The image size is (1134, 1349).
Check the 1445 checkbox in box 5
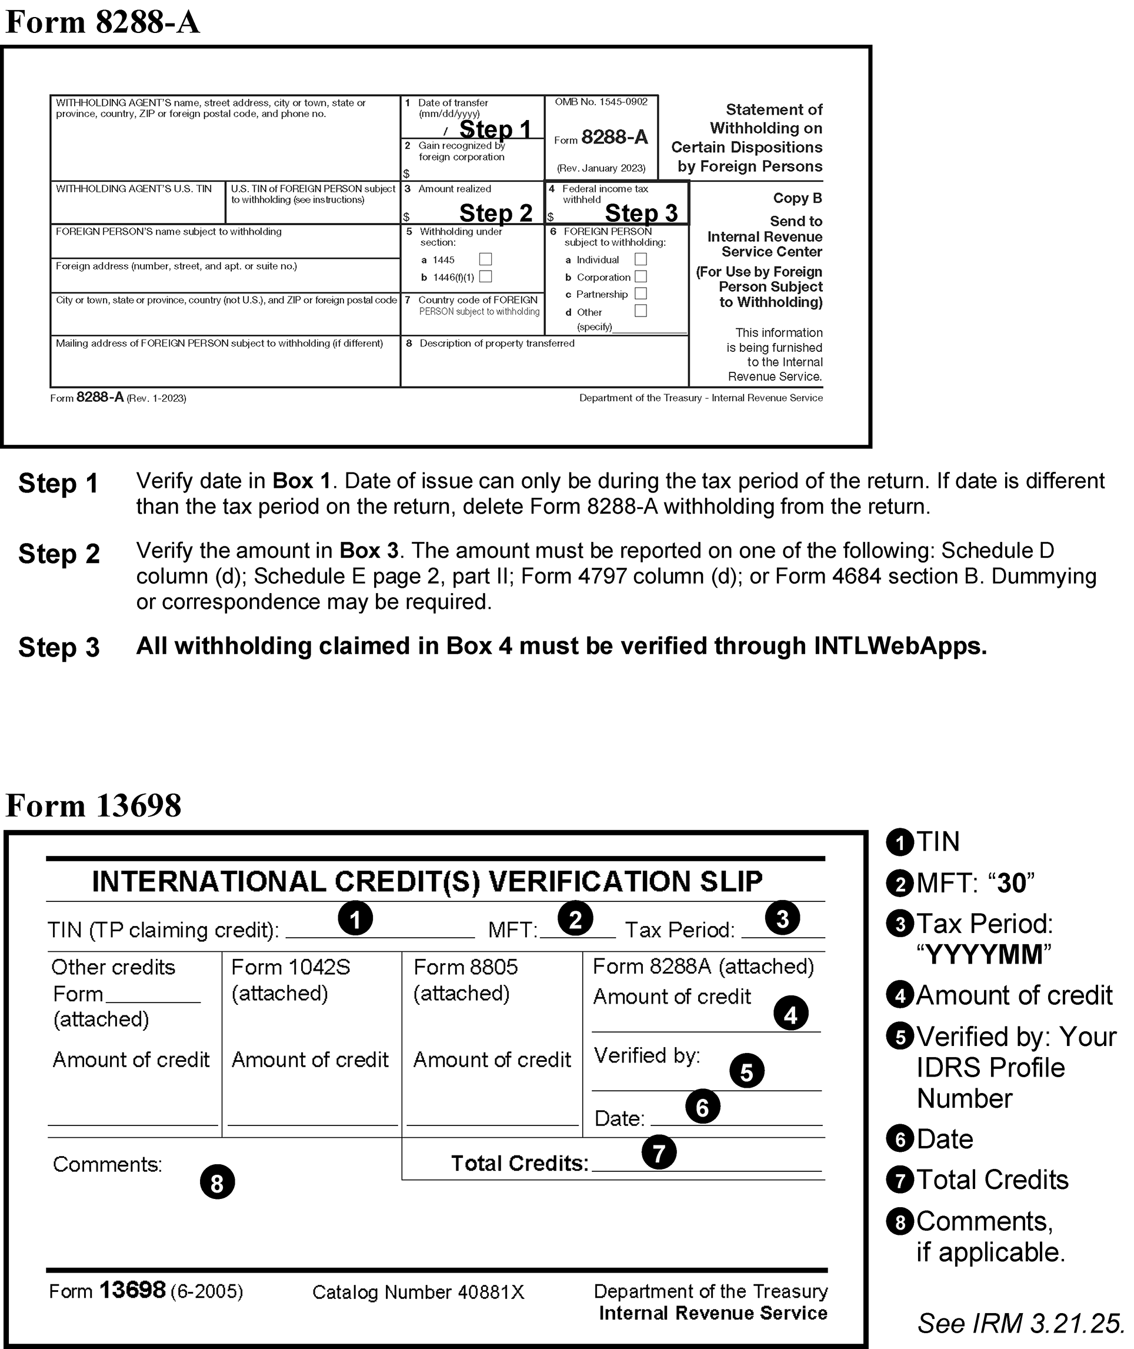[x=485, y=259]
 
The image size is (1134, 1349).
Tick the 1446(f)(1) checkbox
[x=485, y=277]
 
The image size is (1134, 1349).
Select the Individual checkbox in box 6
[x=641, y=259]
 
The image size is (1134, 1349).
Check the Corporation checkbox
[x=641, y=277]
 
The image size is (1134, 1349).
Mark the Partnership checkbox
[x=641, y=293]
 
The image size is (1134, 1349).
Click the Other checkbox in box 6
[x=641, y=311]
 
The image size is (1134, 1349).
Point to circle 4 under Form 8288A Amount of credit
[x=791, y=1014]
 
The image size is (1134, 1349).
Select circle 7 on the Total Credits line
[x=659, y=1153]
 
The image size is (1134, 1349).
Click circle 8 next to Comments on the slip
[x=217, y=1183]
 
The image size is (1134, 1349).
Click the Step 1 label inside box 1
[x=495, y=129]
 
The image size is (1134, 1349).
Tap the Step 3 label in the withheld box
[x=641, y=213]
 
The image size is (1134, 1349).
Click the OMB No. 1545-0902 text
[x=601, y=102]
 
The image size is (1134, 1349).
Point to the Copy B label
[x=797, y=198]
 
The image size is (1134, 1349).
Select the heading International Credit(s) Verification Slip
[x=427, y=881]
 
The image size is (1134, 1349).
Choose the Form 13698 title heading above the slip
[x=93, y=805]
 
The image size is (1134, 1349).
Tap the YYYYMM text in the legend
[x=983, y=955]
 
